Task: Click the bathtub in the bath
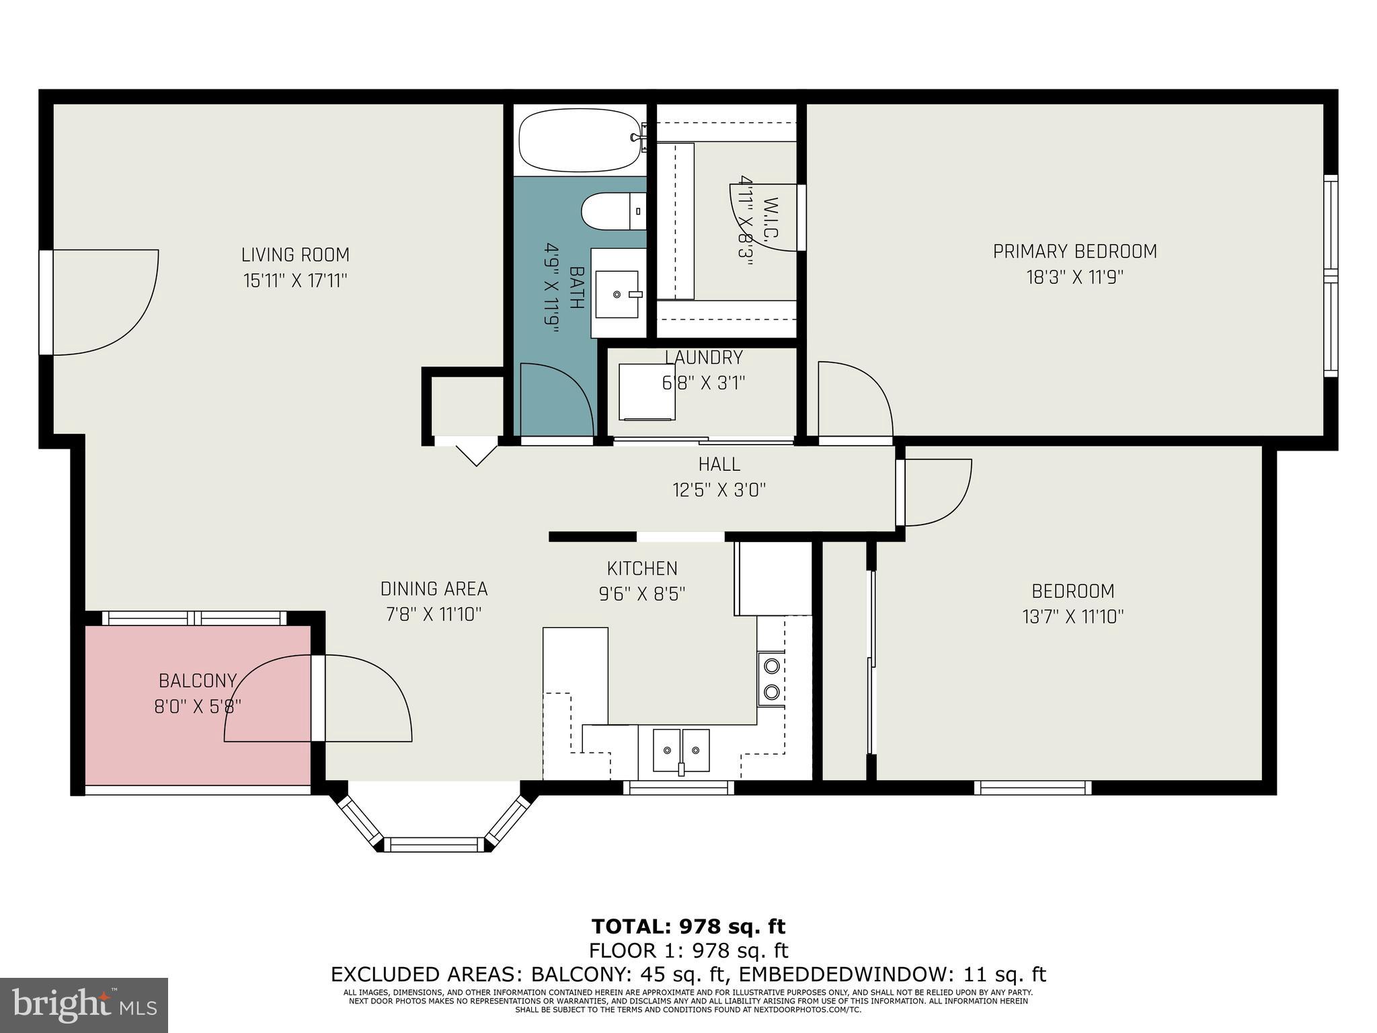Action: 579,141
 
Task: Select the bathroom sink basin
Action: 617,294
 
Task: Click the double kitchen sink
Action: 681,750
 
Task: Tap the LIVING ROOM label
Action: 295,255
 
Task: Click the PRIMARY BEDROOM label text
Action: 1074,252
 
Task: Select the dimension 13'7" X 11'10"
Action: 1073,617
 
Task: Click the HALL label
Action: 719,464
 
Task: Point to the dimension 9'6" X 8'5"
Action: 641,594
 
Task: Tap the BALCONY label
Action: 197,681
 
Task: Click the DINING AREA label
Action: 434,588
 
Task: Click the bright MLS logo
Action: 84,1005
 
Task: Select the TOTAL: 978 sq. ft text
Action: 688,926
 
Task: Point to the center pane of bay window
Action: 434,845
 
